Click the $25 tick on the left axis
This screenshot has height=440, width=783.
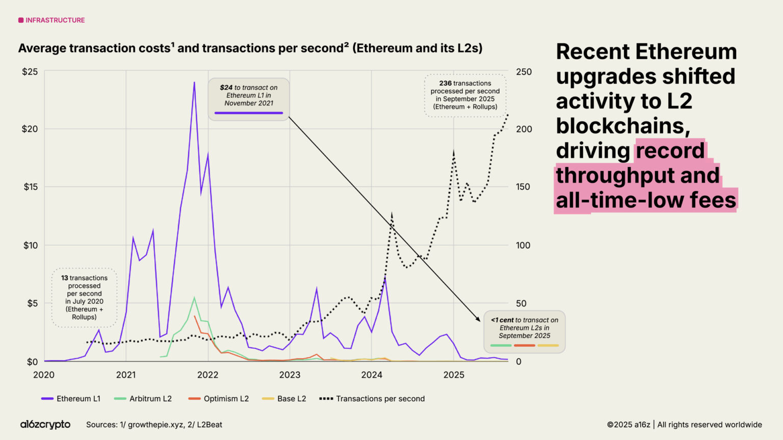point(30,72)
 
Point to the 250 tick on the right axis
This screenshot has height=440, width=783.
point(524,72)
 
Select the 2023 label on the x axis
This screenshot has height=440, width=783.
point(290,375)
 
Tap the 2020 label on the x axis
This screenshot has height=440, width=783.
point(44,375)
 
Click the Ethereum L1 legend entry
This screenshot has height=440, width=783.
point(71,399)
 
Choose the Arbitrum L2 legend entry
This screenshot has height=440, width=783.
point(143,399)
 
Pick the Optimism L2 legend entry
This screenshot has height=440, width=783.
point(219,399)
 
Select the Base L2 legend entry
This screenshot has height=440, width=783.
point(284,399)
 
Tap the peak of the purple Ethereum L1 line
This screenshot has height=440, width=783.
point(194,82)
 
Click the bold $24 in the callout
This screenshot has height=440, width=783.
point(226,88)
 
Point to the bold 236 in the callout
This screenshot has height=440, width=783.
point(445,83)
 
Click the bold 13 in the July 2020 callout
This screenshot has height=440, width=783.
point(64,278)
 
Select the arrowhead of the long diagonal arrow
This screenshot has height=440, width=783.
point(478,319)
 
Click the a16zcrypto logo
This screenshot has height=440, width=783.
point(45,424)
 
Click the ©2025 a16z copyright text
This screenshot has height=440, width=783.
point(628,425)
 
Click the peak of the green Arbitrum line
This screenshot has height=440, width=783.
point(194,297)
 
